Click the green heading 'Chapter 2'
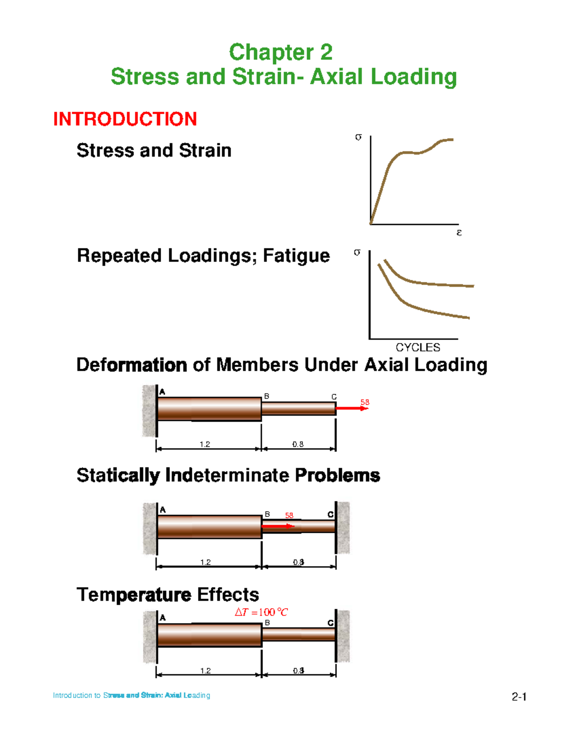coord(281,52)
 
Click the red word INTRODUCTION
coord(125,119)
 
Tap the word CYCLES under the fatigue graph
coord(418,347)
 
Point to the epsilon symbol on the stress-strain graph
coord(459,233)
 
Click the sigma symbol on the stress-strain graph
coord(358,137)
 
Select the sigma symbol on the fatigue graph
coord(357,253)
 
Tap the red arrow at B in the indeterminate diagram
coord(278,526)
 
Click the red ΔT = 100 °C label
coord(261,612)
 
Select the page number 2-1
coord(519,697)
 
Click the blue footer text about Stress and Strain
coord(132,695)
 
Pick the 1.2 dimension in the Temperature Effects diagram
coord(205,671)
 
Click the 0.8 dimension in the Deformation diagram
coord(298,444)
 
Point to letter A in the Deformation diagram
coord(162,391)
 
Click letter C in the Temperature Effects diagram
coord(330,623)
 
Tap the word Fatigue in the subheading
coord(296,257)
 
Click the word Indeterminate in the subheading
coord(227,475)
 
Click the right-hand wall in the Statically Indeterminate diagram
coord(342,527)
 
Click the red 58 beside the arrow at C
coord(364,402)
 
